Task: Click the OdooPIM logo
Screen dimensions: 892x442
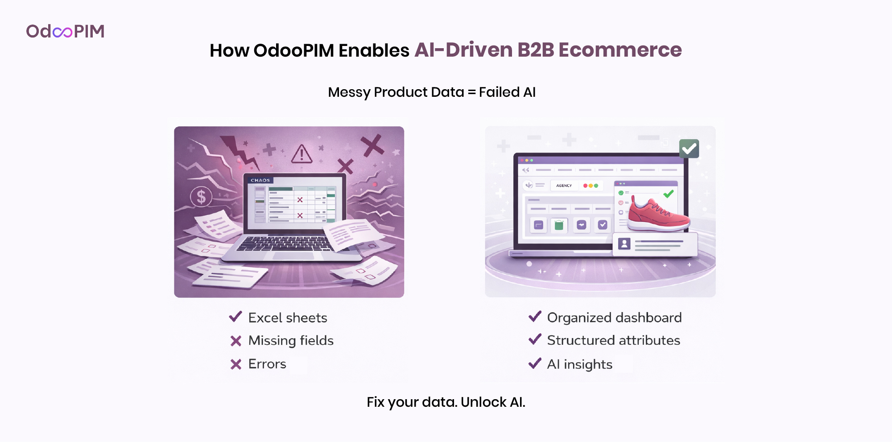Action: [x=65, y=31]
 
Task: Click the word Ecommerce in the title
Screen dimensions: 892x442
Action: [x=620, y=50]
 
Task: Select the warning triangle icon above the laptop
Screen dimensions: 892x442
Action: [x=302, y=154]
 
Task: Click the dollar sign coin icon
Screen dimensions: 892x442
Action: [x=201, y=196]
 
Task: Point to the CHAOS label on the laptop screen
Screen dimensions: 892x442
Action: [x=260, y=180]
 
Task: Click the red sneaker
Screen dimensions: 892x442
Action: [x=658, y=215]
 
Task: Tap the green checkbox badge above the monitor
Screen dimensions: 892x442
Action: [x=689, y=149]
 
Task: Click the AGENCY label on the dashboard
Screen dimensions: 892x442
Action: [x=564, y=186]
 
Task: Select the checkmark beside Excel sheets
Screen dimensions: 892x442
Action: [x=235, y=317]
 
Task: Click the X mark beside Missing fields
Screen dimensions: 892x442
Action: [x=236, y=341]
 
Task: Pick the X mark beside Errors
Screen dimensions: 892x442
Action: [x=236, y=364]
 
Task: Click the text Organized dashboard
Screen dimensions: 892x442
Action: [x=614, y=318]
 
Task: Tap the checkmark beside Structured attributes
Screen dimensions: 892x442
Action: [x=535, y=339]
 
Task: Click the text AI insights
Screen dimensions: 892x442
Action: [x=580, y=364]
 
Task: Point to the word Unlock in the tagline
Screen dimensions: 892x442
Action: [x=483, y=402]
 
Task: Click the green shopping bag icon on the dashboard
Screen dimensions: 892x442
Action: [x=559, y=225]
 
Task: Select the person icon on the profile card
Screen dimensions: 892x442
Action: [x=624, y=244]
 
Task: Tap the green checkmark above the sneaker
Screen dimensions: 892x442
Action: [x=669, y=194]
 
